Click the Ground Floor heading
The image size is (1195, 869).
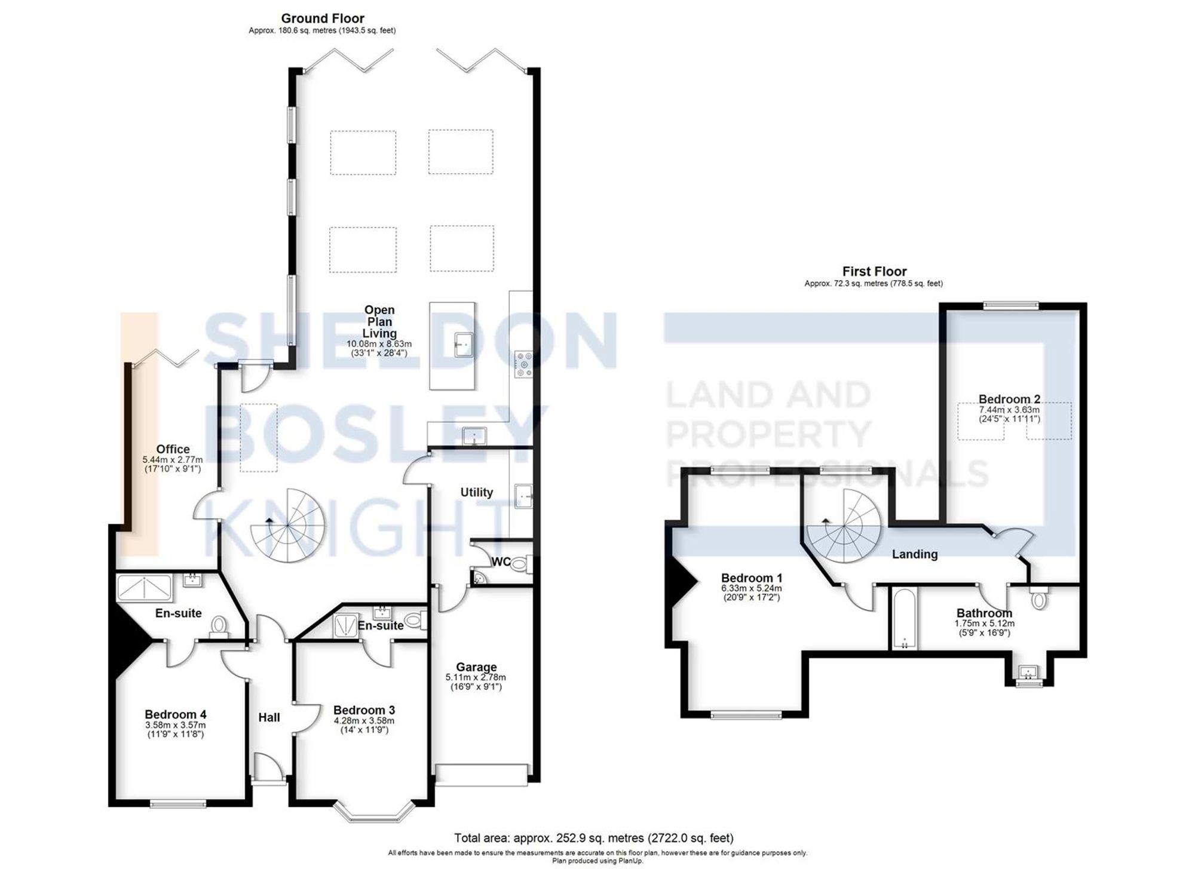click(322, 19)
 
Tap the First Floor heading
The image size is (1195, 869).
click(874, 271)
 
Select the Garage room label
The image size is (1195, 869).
click(476, 667)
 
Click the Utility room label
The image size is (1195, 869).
click(476, 492)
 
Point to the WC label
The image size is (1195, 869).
click(500, 562)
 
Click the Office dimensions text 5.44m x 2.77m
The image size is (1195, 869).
click(173, 460)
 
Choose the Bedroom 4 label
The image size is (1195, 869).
click(175, 714)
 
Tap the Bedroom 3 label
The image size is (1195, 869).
click(364, 710)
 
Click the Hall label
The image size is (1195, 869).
click(269, 717)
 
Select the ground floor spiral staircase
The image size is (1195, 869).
click(288, 526)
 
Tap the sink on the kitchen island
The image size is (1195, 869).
click(463, 345)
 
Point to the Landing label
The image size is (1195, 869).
click(914, 554)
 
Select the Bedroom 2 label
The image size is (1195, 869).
click(1009, 399)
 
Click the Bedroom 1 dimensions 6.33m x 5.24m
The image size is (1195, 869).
click(751, 588)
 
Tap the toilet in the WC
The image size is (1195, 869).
click(517, 563)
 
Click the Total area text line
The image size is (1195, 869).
click(593, 838)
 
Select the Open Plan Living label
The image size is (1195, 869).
click(379, 321)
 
